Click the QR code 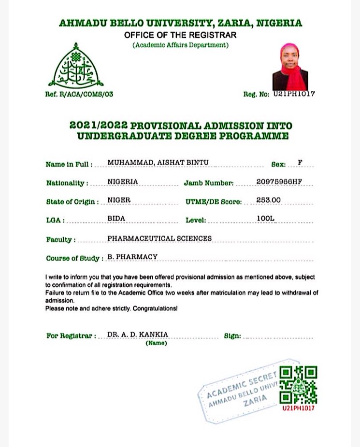299,385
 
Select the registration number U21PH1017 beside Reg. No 294,94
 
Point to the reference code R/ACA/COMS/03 86,94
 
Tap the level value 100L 266,219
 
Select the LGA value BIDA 116,219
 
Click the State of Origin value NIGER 119,200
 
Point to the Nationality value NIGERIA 123,182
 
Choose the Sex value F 300,163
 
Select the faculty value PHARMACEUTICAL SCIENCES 159,238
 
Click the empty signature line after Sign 278,336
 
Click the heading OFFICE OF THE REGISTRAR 180,35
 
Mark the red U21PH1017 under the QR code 299,408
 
